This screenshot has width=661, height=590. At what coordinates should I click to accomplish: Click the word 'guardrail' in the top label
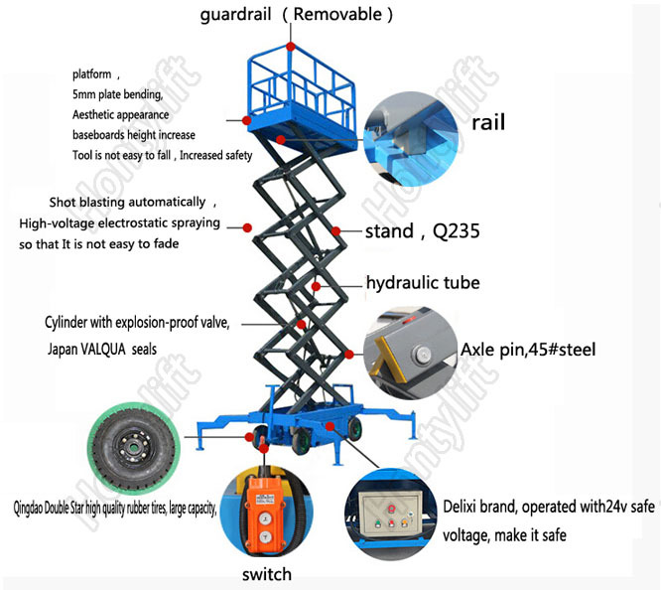235,15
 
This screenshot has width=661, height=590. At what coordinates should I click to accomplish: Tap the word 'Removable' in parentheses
337,14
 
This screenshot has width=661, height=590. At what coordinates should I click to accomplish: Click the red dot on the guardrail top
291,47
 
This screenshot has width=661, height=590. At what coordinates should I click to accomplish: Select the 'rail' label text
488,122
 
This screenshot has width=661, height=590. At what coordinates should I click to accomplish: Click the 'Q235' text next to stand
457,231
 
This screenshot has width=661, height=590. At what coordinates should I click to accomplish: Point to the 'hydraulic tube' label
423,283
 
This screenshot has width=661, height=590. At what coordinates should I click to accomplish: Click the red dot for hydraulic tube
316,287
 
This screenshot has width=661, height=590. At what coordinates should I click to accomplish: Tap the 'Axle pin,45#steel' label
528,350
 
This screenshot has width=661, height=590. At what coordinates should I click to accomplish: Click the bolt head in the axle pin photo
421,354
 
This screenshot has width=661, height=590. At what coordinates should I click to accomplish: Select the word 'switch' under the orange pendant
267,574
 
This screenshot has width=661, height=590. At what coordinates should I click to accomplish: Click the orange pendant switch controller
261,515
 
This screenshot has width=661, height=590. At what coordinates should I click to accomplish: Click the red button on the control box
391,509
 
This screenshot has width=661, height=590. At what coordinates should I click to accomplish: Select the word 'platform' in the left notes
92,74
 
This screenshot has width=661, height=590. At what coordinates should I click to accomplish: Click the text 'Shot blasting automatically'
127,203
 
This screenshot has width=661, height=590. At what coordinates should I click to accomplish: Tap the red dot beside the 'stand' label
335,230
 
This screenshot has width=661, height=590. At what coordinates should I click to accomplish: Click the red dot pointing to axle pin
349,354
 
